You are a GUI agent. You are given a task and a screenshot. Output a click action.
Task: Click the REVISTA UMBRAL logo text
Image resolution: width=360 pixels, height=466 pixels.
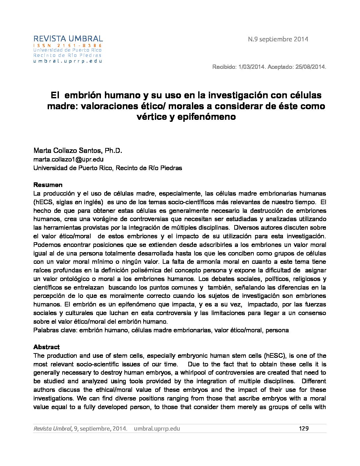pos(68,39)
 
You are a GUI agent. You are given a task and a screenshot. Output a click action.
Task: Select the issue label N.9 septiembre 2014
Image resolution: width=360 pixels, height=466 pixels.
pos(278,39)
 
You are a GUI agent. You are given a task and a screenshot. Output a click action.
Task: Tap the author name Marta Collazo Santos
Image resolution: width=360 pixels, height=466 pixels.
pos(68,151)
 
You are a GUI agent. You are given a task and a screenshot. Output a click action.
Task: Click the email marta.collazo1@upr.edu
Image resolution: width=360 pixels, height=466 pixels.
pos(68,159)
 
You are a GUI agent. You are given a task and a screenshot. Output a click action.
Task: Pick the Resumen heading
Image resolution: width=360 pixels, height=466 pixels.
pos(48,185)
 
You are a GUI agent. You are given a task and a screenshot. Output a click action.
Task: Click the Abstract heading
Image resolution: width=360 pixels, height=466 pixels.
pos(47,347)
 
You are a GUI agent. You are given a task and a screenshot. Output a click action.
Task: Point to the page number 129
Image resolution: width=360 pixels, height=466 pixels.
pos(303,429)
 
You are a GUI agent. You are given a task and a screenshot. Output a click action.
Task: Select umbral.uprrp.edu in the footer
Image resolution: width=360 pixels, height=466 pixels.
pos(157,429)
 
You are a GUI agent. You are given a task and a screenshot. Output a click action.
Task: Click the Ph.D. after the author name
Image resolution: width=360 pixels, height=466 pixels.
pos(113,151)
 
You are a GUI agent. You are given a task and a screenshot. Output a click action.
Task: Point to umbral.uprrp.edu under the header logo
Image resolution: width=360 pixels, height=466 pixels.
pos(67,61)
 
